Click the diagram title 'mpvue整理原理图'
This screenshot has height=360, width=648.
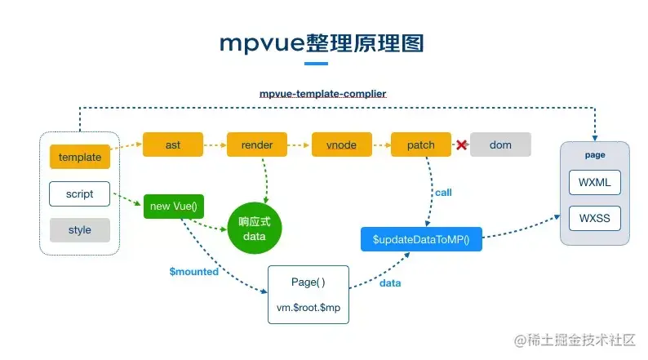(x=322, y=42)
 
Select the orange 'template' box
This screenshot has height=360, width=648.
(x=80, y=158)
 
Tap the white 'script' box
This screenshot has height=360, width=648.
(x=80, y=194)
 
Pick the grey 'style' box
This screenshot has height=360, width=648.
(x=80, y=230)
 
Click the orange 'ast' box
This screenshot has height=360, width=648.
(x=173, y=144)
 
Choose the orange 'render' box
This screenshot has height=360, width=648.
(x=256, y=144)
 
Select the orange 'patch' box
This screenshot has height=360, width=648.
(x=421, y=144)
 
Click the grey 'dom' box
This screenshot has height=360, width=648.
(x=500, y=144)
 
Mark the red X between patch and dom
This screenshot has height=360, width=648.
(x=461, y=145)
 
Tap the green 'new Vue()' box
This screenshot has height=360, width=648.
(x=172, y=207)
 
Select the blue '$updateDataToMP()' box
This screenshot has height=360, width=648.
(x=421, y=240)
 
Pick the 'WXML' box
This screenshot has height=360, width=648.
(x=594, y=181)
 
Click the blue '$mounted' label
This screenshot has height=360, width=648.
(x=193, y=272)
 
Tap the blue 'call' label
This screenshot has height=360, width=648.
(x=443, y=193)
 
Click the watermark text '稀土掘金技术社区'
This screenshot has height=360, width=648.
(x=581, y=338)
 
